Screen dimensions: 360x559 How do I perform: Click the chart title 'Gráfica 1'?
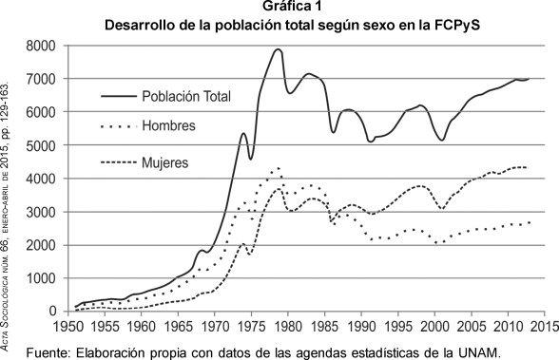tap(279, 9)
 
